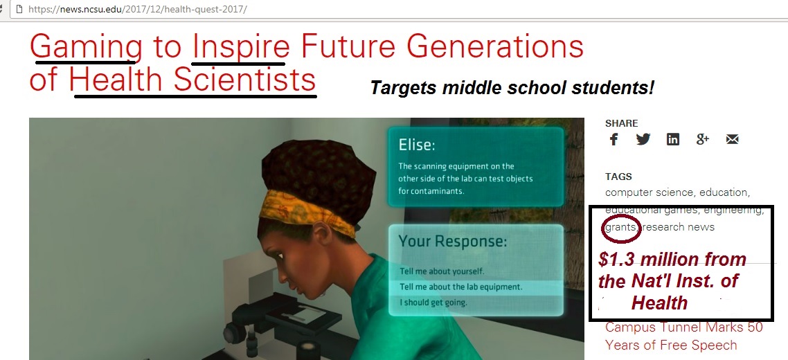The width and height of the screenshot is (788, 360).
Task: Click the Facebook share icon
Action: [614, 139]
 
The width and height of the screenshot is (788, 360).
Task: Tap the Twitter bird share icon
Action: [643, 139]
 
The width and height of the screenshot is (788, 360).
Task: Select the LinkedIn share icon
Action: [673, 139]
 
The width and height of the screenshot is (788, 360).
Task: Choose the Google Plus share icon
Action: [703, 139]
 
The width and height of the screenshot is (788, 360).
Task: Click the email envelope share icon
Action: [732, 139]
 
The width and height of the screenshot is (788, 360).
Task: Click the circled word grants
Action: [622, 227]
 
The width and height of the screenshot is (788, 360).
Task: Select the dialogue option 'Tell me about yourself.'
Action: [442, 271]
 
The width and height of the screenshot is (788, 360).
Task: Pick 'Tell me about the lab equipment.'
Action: [461, 287]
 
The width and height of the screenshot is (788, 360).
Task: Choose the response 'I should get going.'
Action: [433, 303]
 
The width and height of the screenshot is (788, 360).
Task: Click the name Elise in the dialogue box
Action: [417, 145]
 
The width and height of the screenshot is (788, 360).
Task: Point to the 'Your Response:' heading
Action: [453, 242]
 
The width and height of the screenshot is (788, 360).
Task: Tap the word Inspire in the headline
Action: [241, 46]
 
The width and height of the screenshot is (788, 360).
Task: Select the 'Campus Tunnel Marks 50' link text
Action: [684, 327]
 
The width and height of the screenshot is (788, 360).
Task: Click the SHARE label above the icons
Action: [622, 123]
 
